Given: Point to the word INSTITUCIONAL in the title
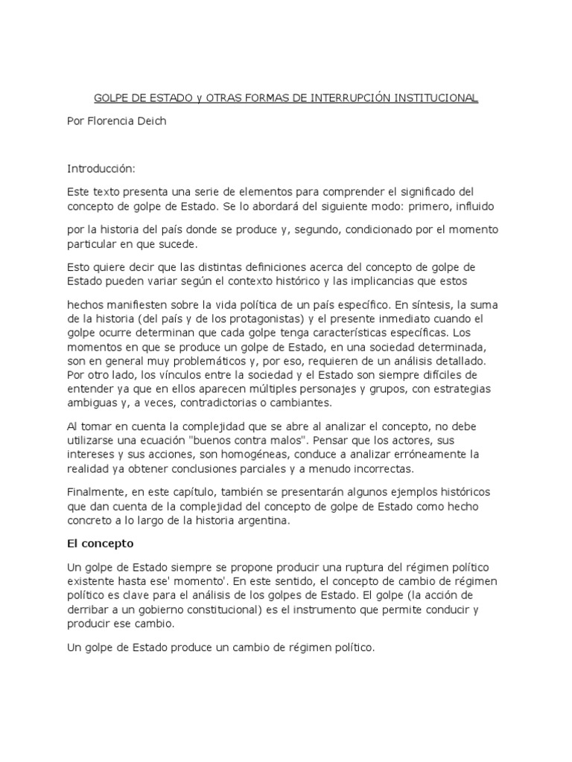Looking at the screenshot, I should point(434,98).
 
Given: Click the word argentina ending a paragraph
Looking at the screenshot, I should point(259,521).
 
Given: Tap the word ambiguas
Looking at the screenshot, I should point(93,403).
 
